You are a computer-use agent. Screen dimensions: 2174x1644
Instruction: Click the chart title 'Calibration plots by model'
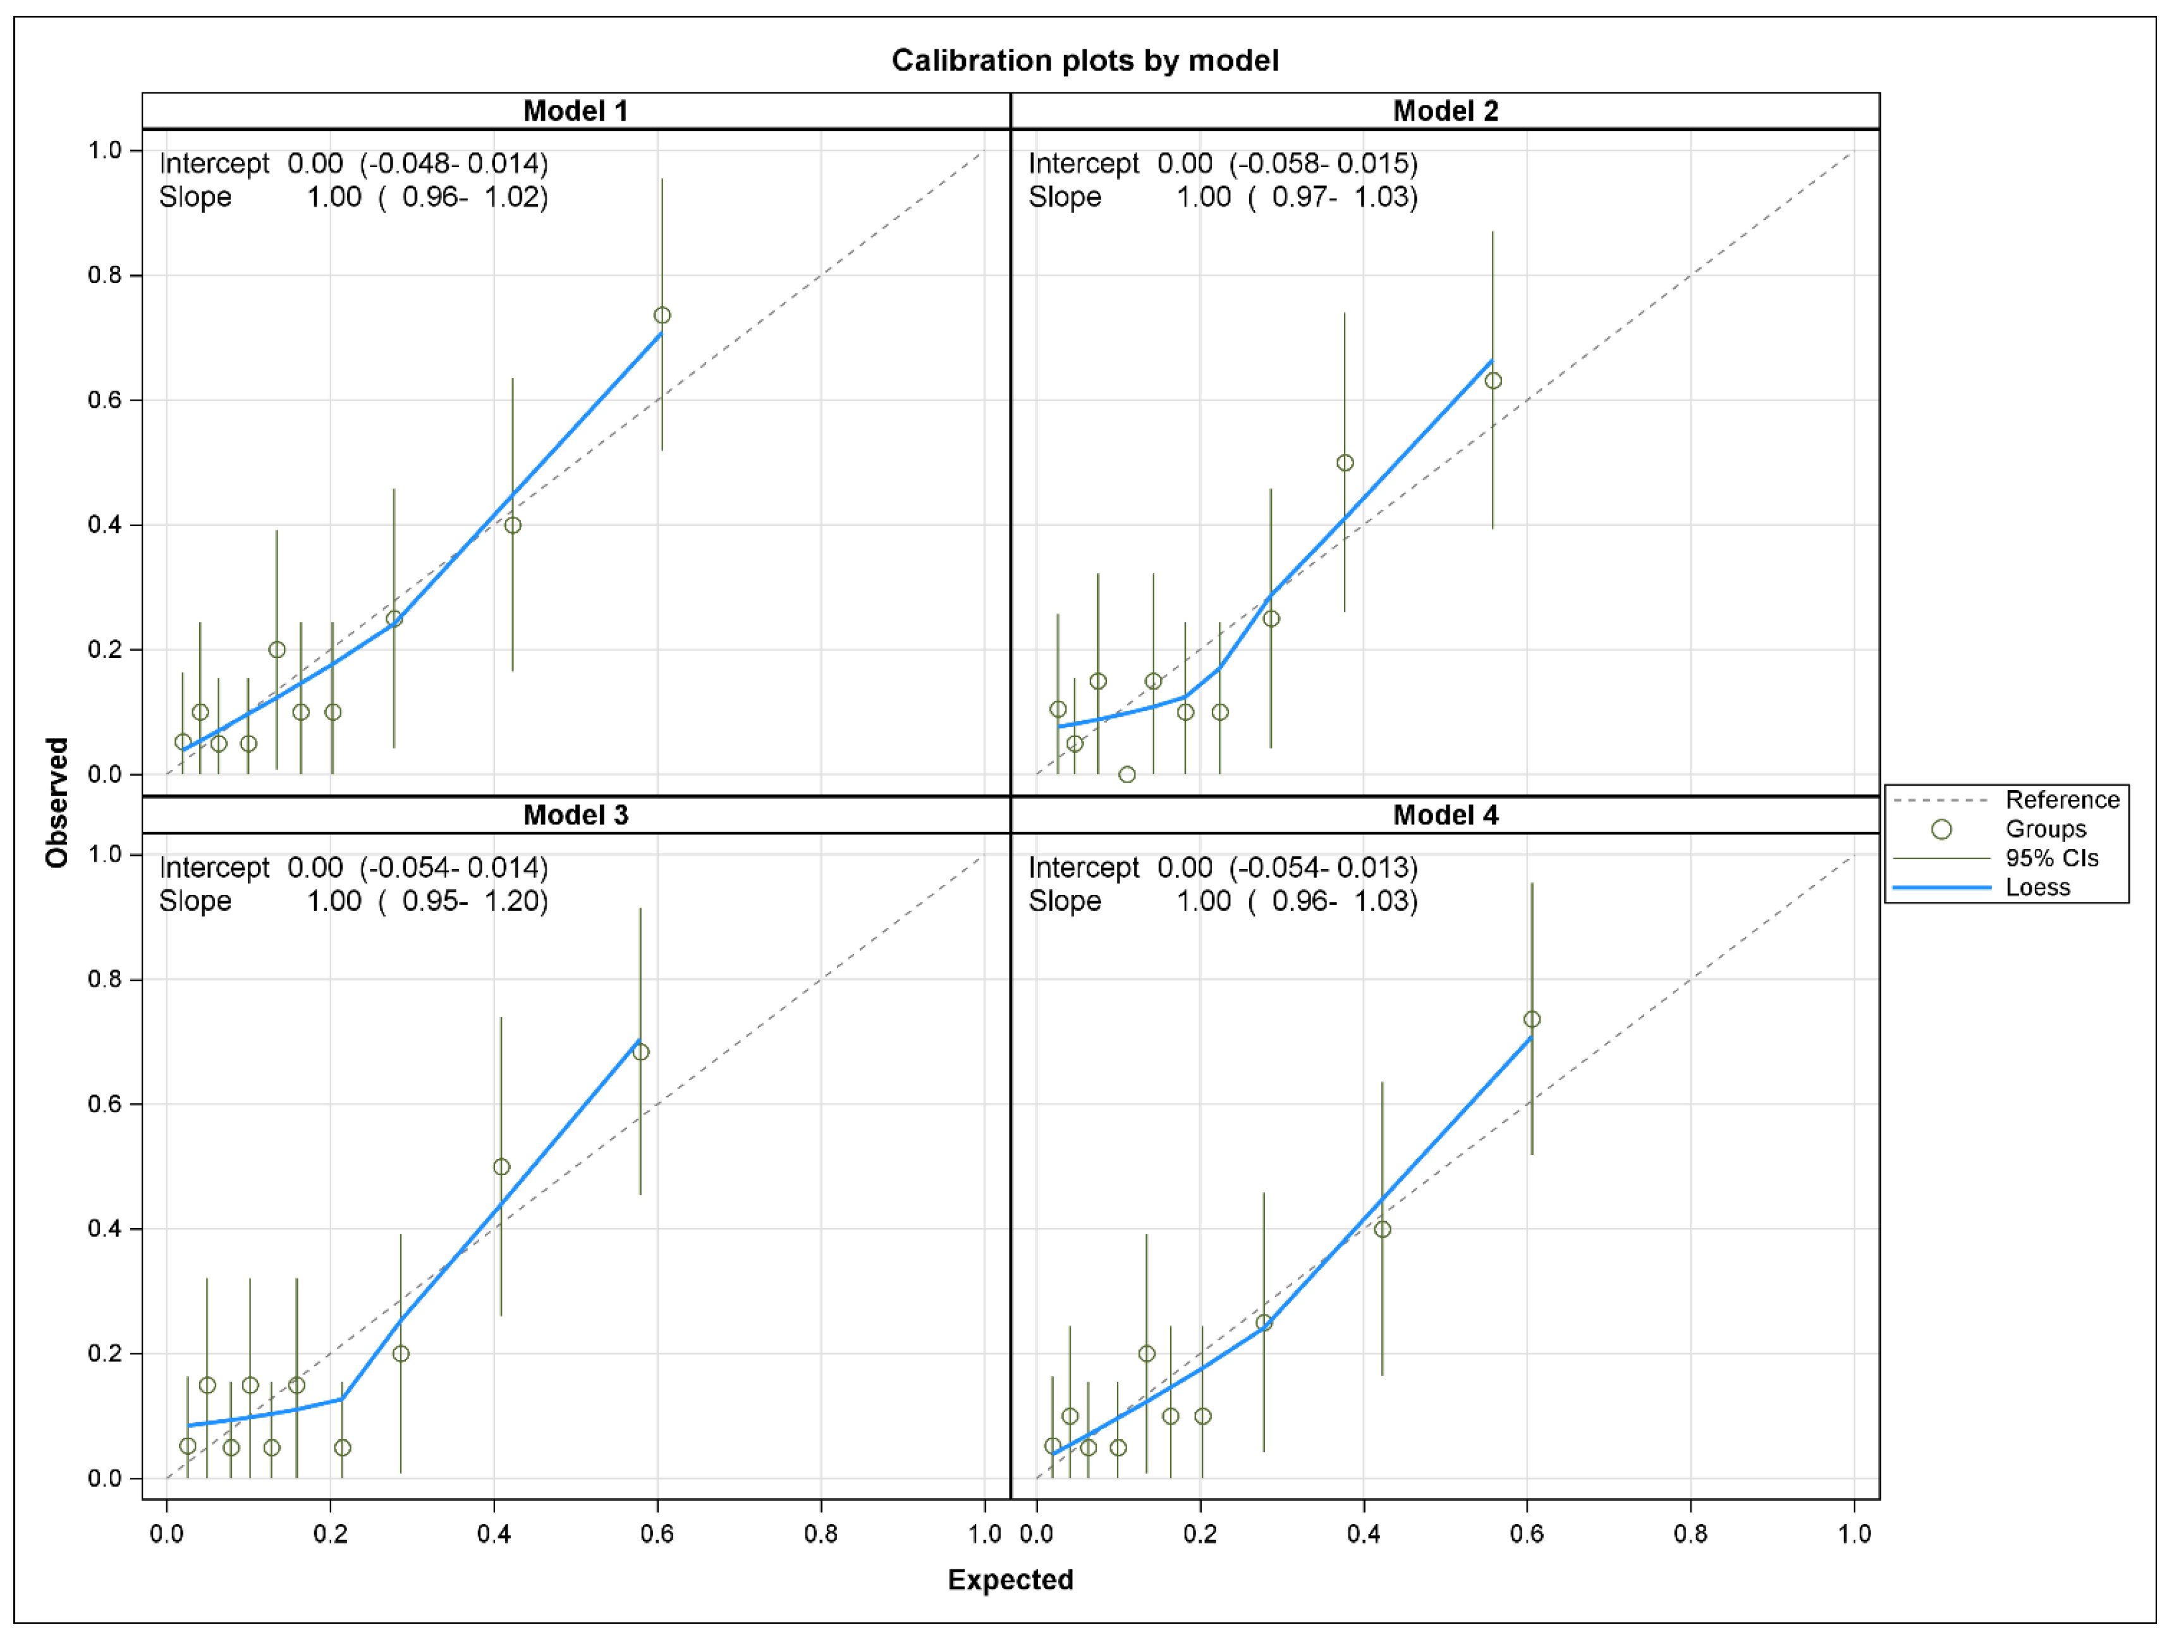point(1084,61)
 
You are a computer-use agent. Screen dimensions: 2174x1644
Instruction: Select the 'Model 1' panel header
point(575,111)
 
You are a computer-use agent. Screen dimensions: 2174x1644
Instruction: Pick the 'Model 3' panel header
point(575,815)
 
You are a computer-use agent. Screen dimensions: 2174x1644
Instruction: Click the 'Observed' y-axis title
point(57,803)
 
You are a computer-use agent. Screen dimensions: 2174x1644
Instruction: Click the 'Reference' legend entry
point(2062,800)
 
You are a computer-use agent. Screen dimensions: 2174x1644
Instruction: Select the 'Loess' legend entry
point(2037,887)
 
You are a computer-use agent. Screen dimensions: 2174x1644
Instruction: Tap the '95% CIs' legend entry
point(2051,858)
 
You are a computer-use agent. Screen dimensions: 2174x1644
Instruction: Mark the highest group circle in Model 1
point(663,315)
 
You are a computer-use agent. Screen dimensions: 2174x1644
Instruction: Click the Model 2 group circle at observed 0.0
point(1127,774)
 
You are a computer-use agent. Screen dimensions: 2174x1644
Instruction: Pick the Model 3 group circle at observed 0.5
point(501,1166)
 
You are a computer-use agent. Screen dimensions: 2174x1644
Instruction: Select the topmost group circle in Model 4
point(1531,1019)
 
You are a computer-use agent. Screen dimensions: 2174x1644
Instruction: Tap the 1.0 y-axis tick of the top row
point(104,150)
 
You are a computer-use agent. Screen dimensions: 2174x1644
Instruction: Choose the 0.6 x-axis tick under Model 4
point(1526,1534)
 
